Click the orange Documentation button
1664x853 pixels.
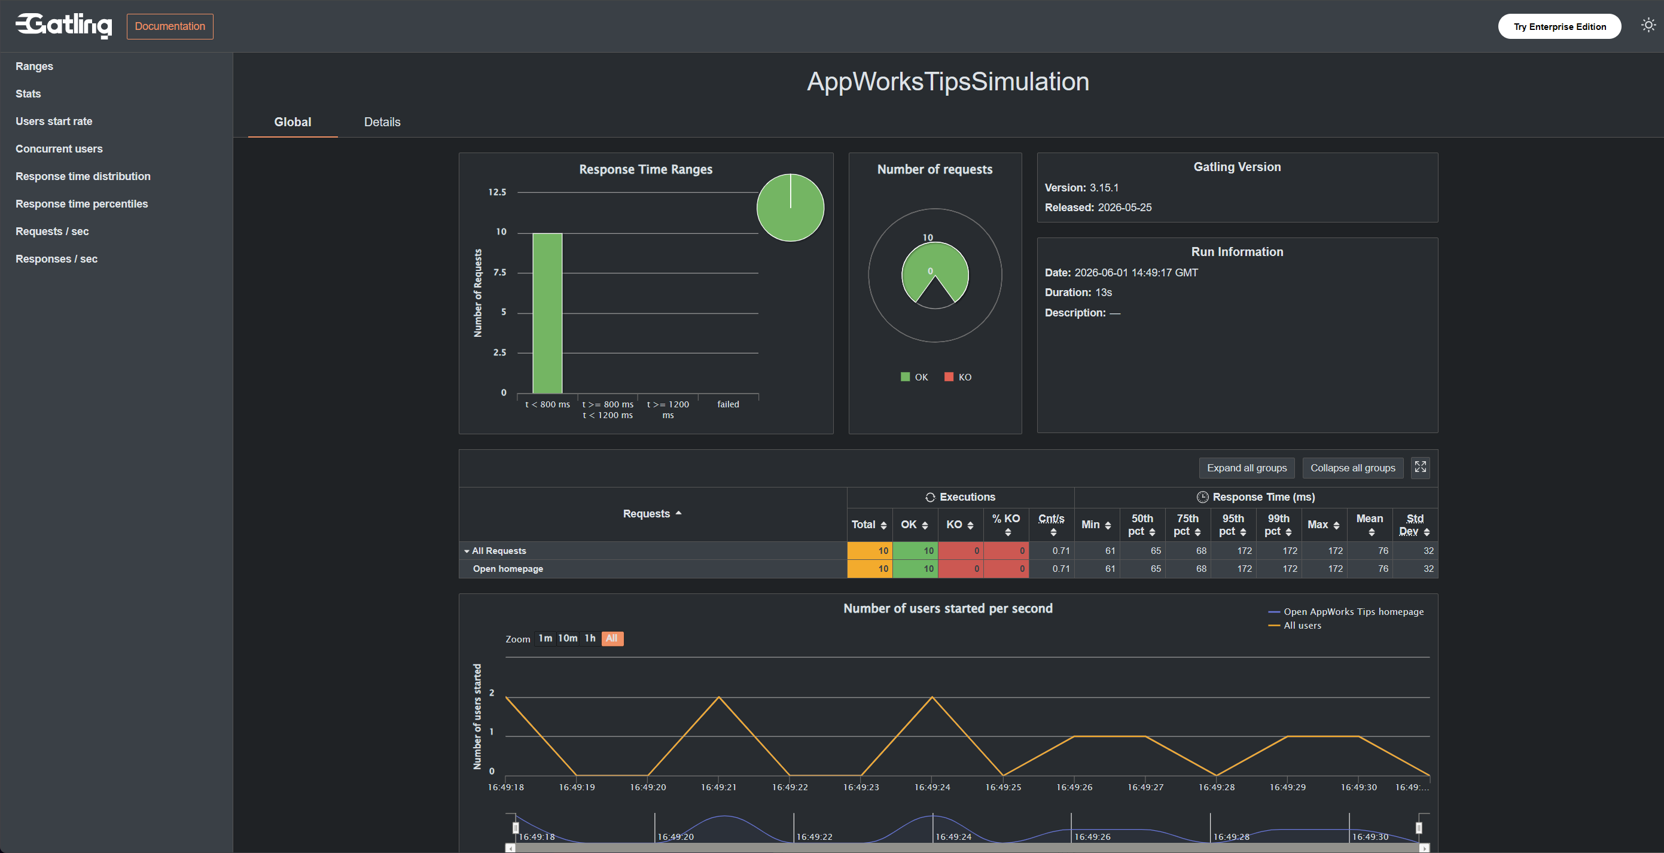170,26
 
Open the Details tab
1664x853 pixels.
382,122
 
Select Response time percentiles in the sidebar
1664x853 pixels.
82,204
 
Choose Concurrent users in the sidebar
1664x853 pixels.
59,148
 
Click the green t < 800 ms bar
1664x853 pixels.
547,313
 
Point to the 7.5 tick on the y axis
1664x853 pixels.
499,273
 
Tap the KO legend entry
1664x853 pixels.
958,377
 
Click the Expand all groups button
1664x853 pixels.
1247,468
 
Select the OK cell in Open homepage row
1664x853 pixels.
915,569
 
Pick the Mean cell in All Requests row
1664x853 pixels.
1370,550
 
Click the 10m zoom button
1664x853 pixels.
568,638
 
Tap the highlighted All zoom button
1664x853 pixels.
612,638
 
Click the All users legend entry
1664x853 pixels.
1294,626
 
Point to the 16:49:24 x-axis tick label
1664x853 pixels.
932,787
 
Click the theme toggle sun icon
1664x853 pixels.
1648,25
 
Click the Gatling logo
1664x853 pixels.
64,25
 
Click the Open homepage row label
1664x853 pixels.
508,569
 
